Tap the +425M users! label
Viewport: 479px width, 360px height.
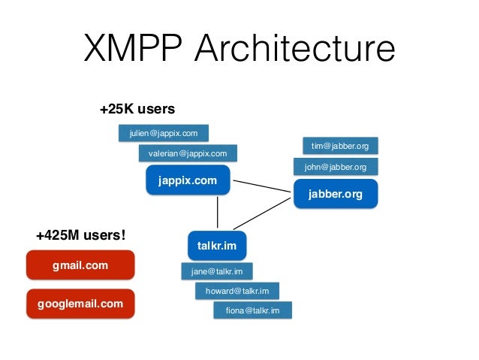pyautogui.click(x=80, y=235)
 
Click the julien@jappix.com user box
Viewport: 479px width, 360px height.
pyautogui.click(x=164, y=134)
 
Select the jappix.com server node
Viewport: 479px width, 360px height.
pyautogui.click(x=187, y=180)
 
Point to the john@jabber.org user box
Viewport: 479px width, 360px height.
pyautogui.click(x=335, y=167)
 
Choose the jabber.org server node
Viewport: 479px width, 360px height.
pyautogui.click(x=335, y=194)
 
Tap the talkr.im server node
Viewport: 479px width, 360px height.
pyautogui.click(x=217, y=245)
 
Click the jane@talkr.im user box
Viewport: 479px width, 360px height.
pyautogui.click(x=216, y=271)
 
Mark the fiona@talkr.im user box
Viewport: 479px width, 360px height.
pyautogui.click(x=253, y=310)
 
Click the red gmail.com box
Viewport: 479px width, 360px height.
pyautogui.click(x=80, y=265)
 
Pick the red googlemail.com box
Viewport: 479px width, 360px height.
pyautogui.click(x=80, y=304)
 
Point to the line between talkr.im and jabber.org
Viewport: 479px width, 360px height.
pyautogui.click(x=263, y=212)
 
